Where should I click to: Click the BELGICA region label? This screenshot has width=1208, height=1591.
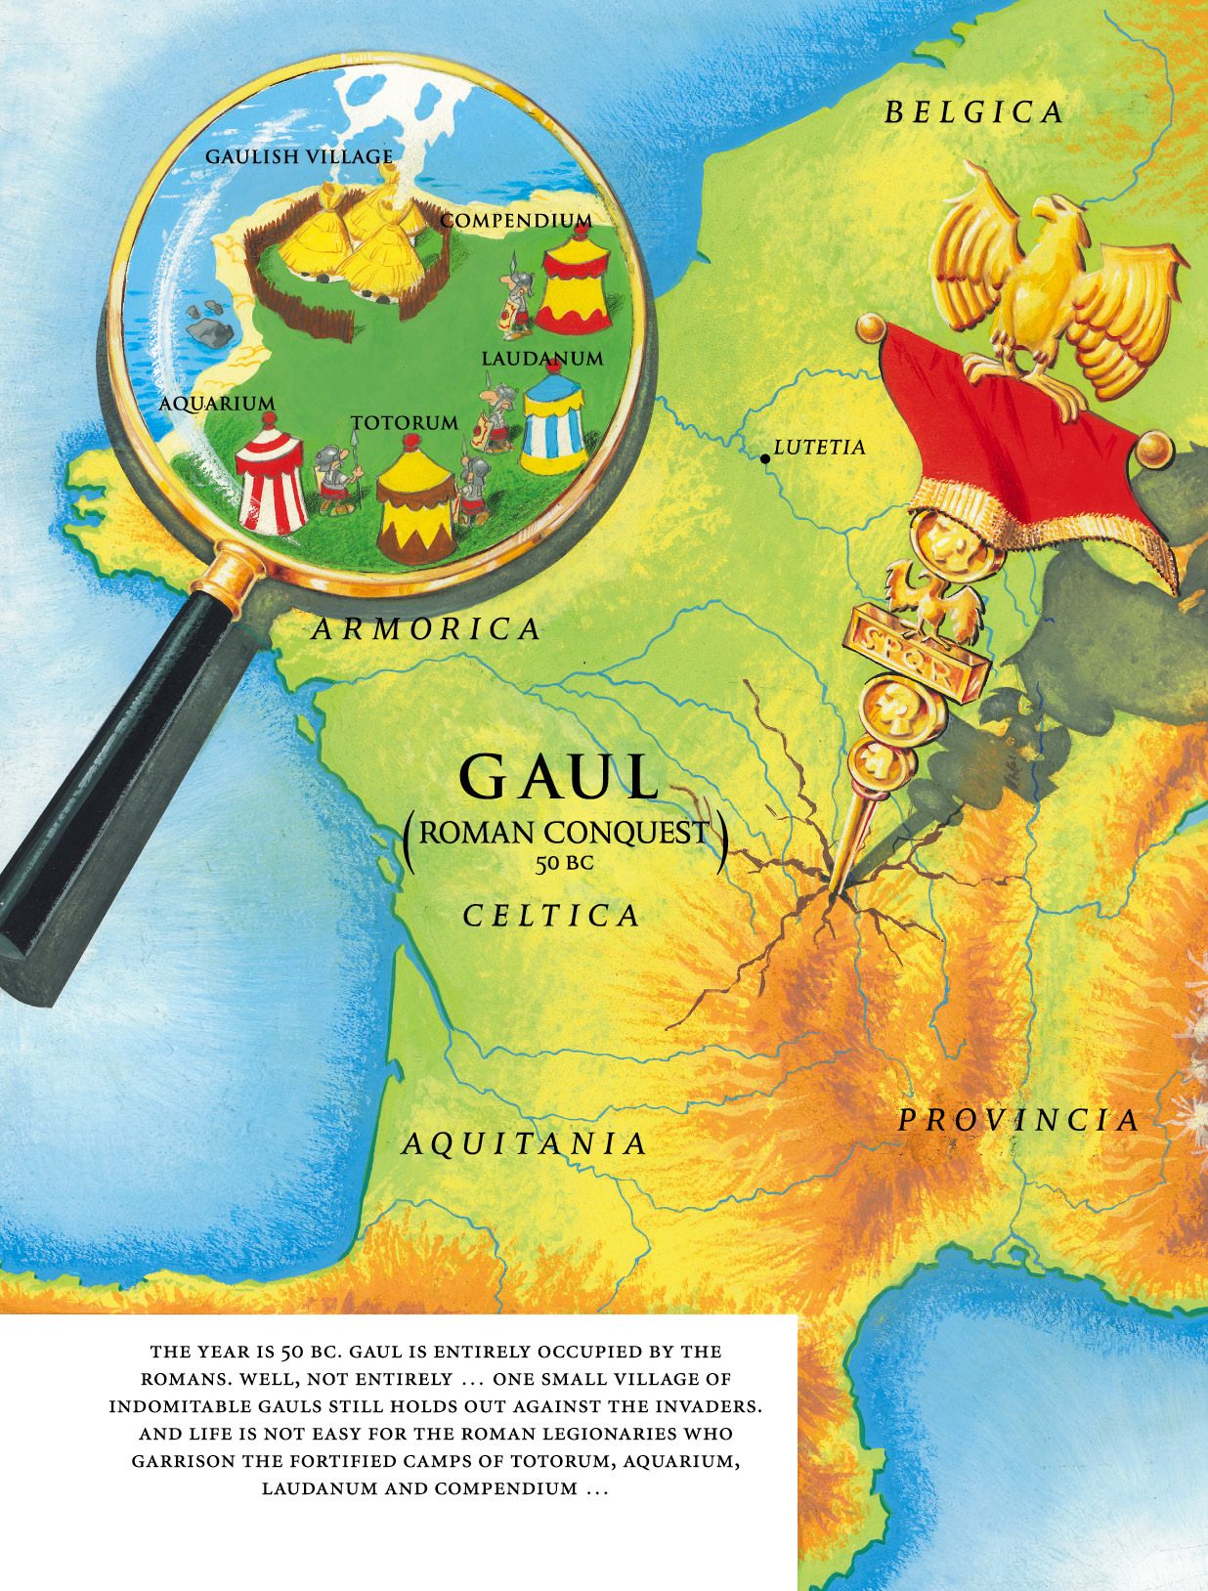pyautogui.click(x=973, y=112)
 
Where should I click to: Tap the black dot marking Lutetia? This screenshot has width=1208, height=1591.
pyautogui.click(x=764, y=457)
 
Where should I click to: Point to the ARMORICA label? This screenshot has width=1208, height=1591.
pyautogui.click(x=426, y=629)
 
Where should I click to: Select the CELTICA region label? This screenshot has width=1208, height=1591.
pyautogui.click(x=551, y=916)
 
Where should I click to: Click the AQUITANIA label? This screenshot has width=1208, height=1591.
pyautogui.click(x=525, y=1143)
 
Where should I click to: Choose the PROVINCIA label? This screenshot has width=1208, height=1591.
pyautogui.click(x=1018, y=1120)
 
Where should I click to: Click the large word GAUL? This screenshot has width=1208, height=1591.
pyautogui.click(x=559, y=778)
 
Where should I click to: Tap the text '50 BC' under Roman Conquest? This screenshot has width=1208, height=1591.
pyautogui.click(x=564, y=863)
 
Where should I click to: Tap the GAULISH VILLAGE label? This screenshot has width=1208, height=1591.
pyautogui.click(x=299, y=156)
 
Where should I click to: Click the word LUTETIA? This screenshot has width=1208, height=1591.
pyautogui.click(x=819, y=448)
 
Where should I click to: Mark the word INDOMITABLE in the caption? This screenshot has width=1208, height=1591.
pyautogui.click(x=167, y=1406)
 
